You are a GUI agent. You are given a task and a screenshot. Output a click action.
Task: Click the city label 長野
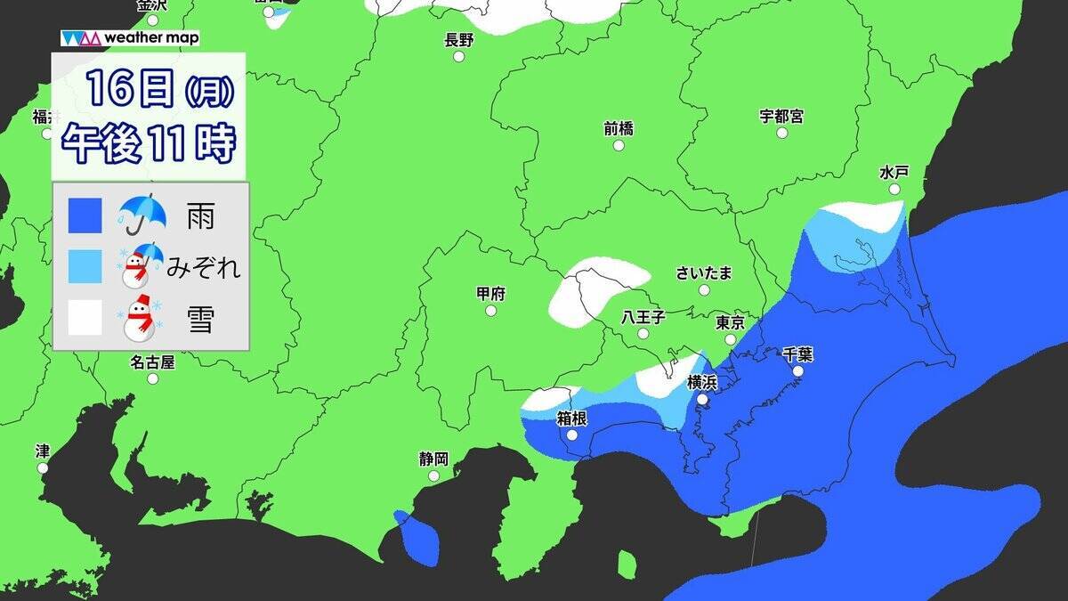[459, 39]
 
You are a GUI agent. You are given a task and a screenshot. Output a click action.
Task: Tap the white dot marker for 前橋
[619, 145]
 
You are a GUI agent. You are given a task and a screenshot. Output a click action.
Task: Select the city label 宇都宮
[781, 116]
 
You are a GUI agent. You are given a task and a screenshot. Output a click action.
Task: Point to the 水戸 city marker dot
[894, 190]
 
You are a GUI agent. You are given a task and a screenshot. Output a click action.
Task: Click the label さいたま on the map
[704, 273]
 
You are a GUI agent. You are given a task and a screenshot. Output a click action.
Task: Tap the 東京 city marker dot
[730, 339]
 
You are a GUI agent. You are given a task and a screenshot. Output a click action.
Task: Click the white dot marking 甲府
[490, 311]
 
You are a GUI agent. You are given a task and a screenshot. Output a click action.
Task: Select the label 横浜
[702, 383]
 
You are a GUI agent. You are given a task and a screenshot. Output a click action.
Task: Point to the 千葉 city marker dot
[798, 371]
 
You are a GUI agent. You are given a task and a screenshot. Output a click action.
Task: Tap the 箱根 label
[570, 418]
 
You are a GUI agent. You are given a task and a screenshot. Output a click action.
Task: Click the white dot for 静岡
[433, 475]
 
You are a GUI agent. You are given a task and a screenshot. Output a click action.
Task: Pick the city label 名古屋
[152, 362]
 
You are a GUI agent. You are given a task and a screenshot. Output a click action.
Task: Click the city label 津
[43, 451]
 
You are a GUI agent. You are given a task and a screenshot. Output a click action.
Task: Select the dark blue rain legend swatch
[85, 215]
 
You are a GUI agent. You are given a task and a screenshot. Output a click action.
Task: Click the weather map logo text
[151, 38]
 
